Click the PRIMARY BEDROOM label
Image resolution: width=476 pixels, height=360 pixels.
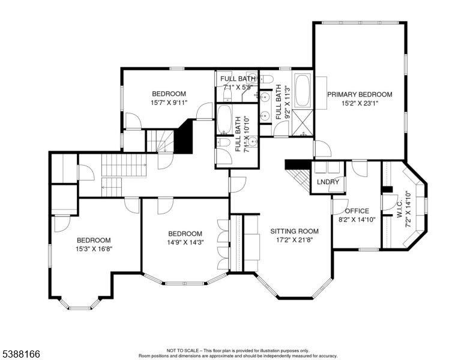pyautogui.click(x=360, y=95)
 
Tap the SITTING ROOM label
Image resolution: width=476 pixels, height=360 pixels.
pyautogui.click(x=295, y=231)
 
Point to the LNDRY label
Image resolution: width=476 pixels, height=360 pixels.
pyautogui.click(x=328, y=182)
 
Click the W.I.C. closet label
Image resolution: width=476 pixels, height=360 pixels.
pyautogui.click(x=400, y=209)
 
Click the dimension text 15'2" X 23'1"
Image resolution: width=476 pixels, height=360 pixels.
pyautogui.click(x=360, y=104)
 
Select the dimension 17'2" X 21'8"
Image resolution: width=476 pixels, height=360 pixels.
pyautogui.click(x=295, y=240)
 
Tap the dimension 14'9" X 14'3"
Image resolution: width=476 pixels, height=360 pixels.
pyautogui.click(x=185, y=242)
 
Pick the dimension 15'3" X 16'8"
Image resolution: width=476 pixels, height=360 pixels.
pyautogui.click(x=94, y=249)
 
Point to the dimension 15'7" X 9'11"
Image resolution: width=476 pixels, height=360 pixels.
pyautogui.click(x=169, y=103)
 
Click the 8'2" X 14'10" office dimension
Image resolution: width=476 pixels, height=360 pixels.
pyautogui.click(x=357, y=220)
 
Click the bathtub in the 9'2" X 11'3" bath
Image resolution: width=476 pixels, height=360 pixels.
pyautogui.click(x=303, y=90)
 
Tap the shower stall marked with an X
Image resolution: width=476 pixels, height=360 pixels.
pyautogui.click(x=303, y=123)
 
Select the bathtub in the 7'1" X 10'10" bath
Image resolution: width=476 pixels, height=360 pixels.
pyautogui.click(x=224, y=119)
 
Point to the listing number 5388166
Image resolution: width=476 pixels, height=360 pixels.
pyautogui.click(x=21, y=354)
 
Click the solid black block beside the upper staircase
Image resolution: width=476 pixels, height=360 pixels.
pyautogui.click(x=184, y=137)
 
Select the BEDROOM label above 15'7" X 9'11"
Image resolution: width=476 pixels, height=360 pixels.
pyautogui.click(x=169, y=94)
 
